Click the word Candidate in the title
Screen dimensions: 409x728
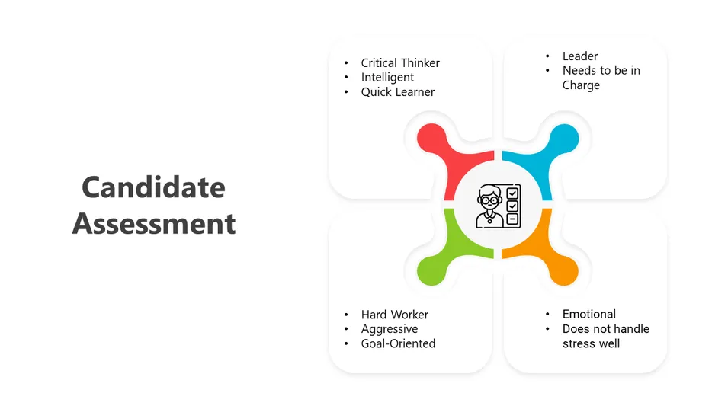tap(153, 187)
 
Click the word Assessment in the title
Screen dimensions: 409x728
tap(153, 225)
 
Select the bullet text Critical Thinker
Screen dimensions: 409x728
tap(400, 63)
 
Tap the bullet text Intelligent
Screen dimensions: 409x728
tap(387, 77)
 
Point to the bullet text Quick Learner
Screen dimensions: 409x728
tap(398, 92)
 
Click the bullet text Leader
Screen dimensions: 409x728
tap(580, 56)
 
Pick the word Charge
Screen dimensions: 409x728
tap(581, 85)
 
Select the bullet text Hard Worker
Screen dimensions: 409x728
tap(394, 315)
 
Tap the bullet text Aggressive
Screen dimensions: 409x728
tap(389, 329)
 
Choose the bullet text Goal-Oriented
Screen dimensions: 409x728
tap(398, 343)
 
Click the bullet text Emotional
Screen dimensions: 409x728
tap(588, 314)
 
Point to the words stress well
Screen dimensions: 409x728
tap(591, 343)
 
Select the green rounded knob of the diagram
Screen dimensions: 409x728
tap(431, 268)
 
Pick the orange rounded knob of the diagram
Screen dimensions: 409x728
tap(564, 268)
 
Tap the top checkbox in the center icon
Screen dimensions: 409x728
tap(513, 193)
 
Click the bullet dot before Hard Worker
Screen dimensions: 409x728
tap(346, 315)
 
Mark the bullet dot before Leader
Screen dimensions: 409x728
tap(547, 56)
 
